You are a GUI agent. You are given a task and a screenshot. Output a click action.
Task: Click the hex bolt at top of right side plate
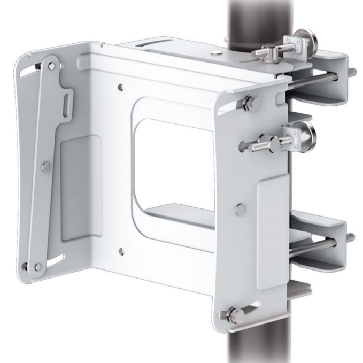249,103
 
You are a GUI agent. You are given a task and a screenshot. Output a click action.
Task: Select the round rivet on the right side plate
240,207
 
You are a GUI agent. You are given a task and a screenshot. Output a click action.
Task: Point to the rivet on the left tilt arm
47,166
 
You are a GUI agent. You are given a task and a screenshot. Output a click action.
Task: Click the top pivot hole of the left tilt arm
51,66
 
